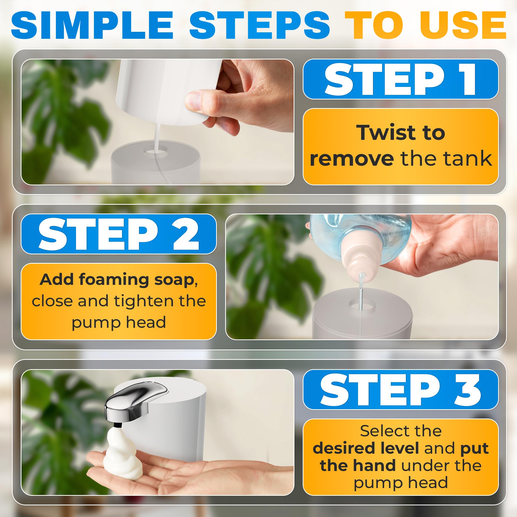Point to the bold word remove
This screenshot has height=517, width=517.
(x=351, y=159)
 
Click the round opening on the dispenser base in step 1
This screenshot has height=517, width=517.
(x=156, y=150)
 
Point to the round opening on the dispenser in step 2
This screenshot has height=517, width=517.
(x=361, y=305)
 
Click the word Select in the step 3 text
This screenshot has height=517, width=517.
(x=378, y=431)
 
